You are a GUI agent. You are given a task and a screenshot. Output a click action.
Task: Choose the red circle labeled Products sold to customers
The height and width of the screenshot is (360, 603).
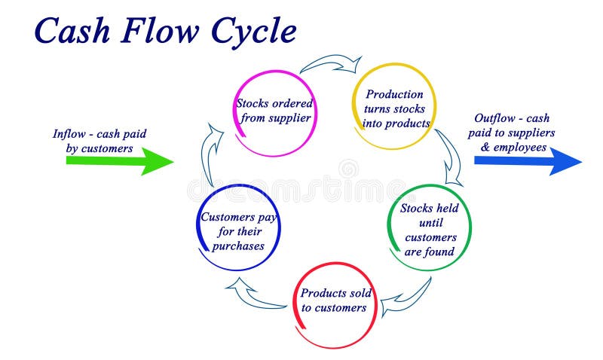[x=332, y=301]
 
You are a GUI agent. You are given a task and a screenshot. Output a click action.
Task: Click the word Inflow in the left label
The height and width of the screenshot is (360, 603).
[x=69, y=134]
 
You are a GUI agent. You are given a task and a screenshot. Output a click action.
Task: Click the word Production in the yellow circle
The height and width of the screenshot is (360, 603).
[x=394, y=94]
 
